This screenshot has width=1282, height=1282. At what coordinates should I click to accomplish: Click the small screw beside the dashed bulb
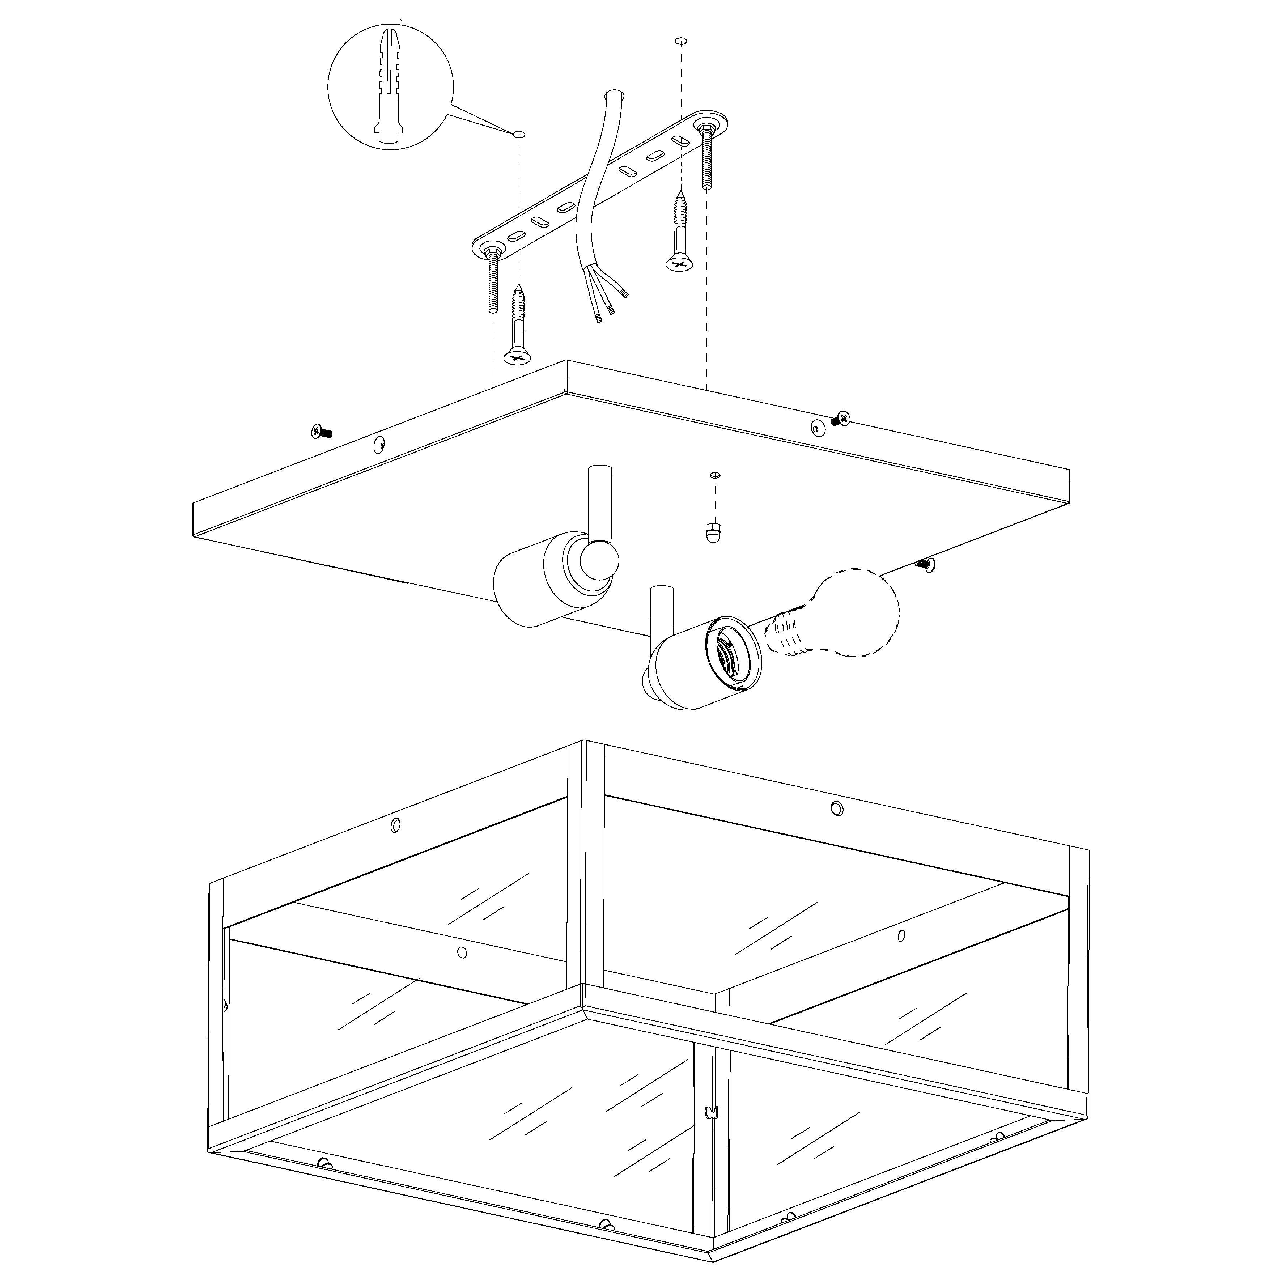point(924,564)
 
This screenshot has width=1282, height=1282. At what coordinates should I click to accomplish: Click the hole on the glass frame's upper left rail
point(395,825)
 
